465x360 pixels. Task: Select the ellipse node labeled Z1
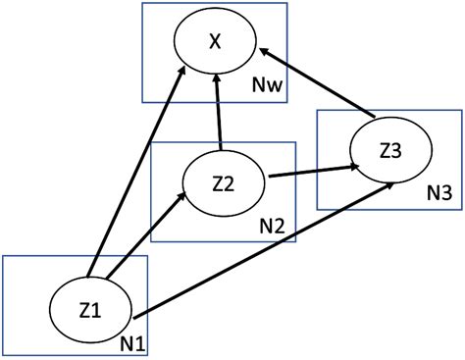point(90,308)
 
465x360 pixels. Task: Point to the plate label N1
point(132,342)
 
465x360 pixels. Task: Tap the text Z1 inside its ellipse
point(89,309)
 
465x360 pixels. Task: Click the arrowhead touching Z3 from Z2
point(348,168)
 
